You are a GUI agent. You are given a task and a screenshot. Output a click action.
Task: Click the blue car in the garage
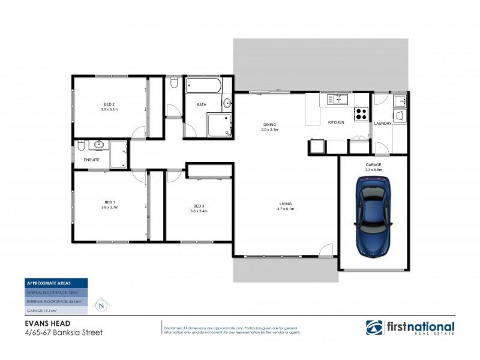click(373, 216)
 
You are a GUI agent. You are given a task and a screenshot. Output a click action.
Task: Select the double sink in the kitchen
click(338, 98)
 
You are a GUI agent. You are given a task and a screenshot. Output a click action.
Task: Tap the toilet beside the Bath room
click(173, 82)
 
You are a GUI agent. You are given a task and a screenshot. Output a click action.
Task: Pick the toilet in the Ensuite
click(82, 145)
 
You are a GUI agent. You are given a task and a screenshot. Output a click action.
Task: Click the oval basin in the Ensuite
click(99, 145)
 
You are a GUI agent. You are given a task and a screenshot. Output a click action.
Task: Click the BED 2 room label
click(109, 105)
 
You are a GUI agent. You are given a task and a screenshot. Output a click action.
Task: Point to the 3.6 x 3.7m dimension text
click(109, 207)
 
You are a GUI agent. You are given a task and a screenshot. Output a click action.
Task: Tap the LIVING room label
click(285, 203)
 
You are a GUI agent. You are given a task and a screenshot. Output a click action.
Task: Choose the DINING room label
click(269, 125)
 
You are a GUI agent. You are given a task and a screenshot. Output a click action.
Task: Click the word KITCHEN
click(335, 123)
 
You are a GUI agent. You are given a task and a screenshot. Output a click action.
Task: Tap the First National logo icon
click(375, 328)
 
